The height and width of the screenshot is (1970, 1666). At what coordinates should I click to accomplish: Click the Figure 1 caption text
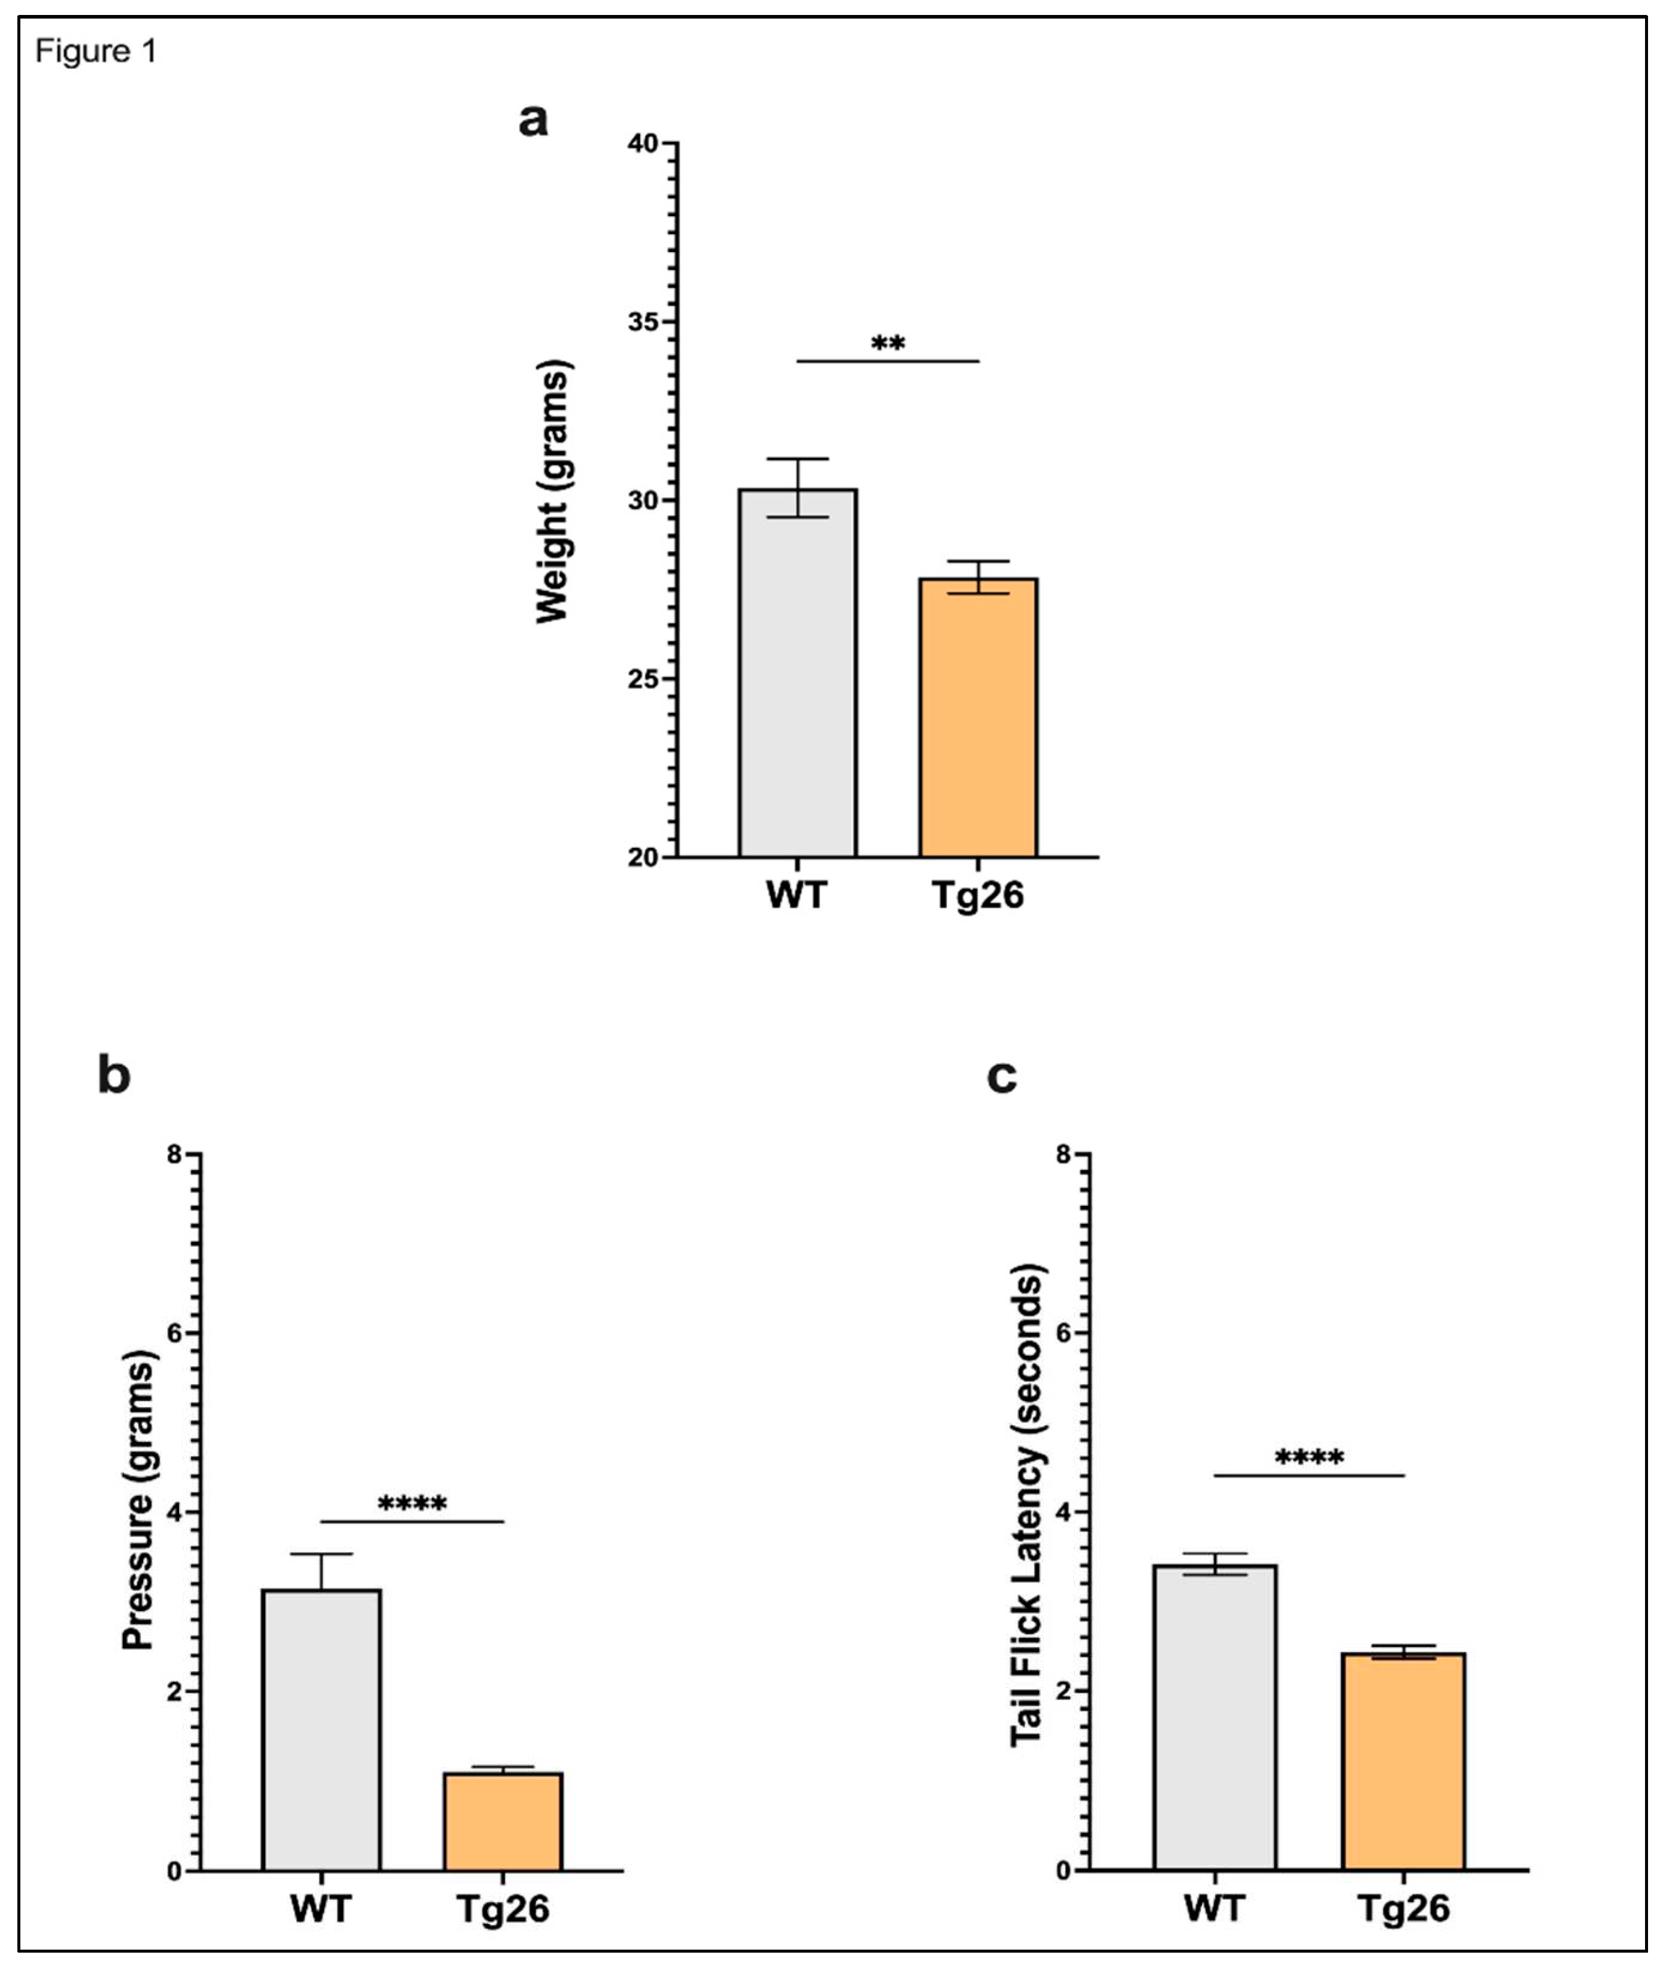tap(95, 51)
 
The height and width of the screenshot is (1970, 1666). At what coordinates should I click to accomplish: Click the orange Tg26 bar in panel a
tap(977, 718)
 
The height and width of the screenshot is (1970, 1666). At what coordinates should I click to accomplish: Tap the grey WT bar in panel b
tap(321, 1730)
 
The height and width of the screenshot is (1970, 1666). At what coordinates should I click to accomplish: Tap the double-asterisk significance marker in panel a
tap(887, 344)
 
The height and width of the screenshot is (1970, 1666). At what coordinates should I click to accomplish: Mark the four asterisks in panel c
tap(1309, 1458)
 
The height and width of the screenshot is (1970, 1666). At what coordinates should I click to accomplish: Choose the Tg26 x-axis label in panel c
tap(1404, 1908)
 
